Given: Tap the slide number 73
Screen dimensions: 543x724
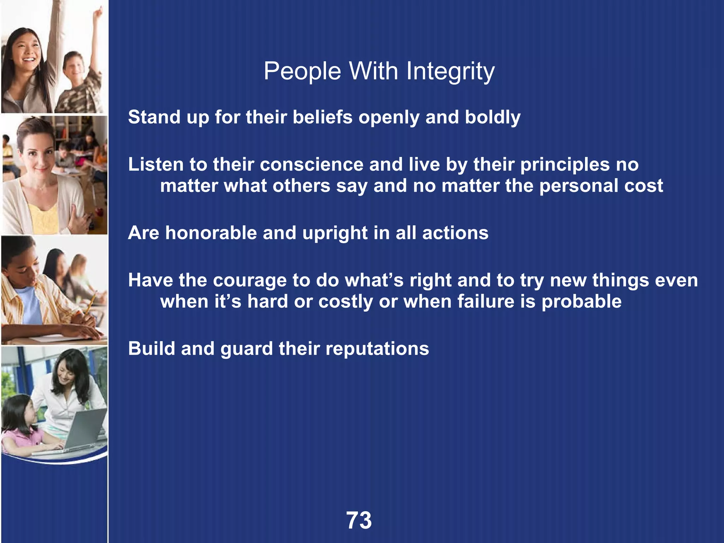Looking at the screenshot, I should tap(359, 520).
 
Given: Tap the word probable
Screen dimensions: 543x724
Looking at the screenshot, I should tap(581, 302).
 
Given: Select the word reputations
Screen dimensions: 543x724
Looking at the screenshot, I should tap(377, 349).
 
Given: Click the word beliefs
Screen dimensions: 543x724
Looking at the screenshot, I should tap(322, 117).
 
